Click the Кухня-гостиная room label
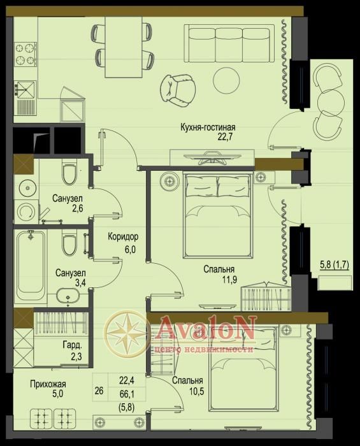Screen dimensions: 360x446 coord(208,127)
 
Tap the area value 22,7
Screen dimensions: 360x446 coord(225,137)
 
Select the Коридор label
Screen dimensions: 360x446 coord(123,236)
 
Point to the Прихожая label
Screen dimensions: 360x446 coord(48,384)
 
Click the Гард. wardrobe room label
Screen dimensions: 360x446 coord(72,345)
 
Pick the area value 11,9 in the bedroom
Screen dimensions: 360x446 coord(229,280)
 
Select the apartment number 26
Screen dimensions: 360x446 coord(99,391)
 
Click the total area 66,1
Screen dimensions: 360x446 coord(127,394)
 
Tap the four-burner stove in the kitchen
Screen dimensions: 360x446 coord(25,54)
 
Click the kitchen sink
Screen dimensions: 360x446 coord(25,90)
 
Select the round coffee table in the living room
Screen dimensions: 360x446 coord(226,80)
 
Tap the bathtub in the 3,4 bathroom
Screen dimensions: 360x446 coord(31,266)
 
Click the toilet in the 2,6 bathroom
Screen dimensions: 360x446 coord(69,173)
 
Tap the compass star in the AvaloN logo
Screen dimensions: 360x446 coord(126,333)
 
